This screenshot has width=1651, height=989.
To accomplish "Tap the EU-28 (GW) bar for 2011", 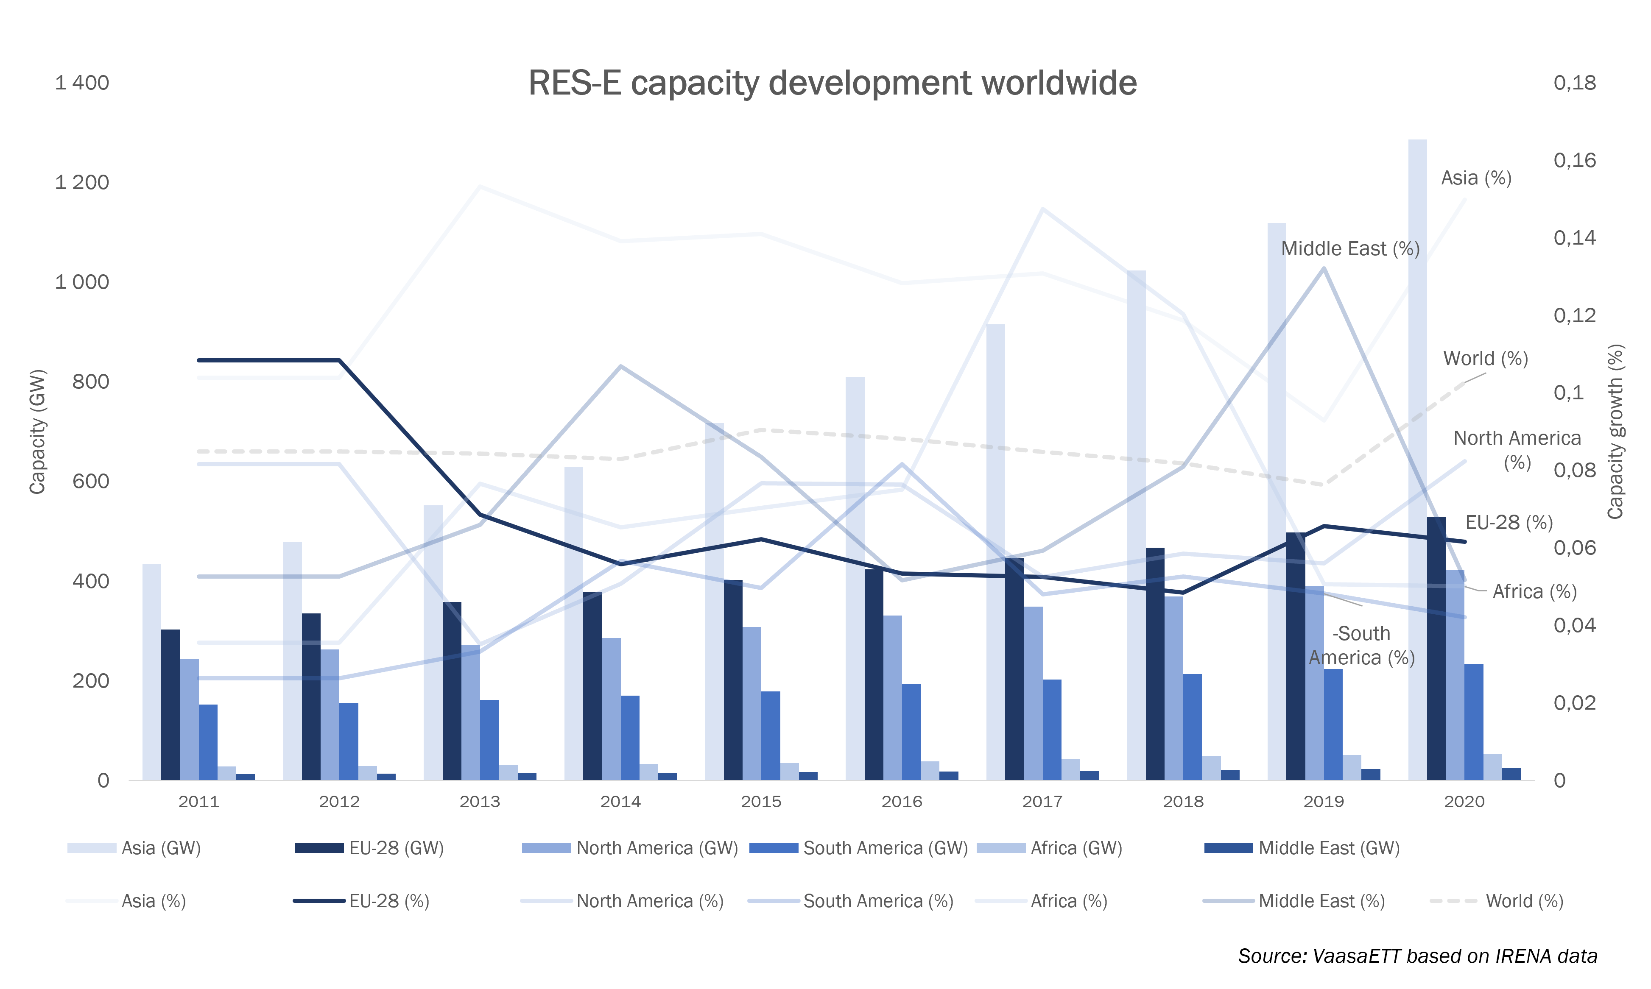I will (x=170, y=705).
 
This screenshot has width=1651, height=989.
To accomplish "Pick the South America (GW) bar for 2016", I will (x=911, y=732).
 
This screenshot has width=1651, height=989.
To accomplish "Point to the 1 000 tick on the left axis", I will (x=82, y=282).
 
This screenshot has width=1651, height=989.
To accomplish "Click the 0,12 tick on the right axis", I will (x=1574, y=315).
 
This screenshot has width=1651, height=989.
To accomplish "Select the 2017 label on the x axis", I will (x=1042, y=802).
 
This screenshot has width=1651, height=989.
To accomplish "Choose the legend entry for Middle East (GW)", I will (x=1302, y=848).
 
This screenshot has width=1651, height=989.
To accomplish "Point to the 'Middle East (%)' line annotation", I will (x=1350, y=248).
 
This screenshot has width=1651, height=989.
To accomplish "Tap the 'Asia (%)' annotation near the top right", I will (x=1476, y=178).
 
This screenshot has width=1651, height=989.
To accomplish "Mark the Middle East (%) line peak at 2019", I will (x=1324, y=269).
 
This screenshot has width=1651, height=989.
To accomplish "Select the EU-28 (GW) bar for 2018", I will (x=1155, y=664).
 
